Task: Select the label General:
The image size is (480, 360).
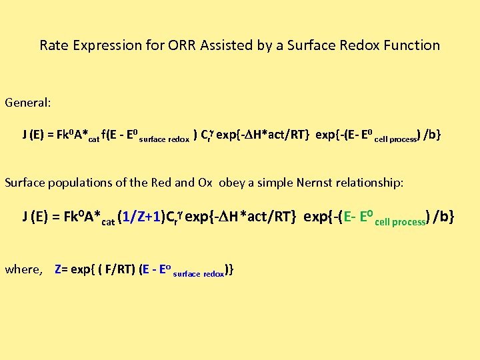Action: (x=28, y=103)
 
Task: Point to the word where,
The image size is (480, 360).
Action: (x=23, y=269)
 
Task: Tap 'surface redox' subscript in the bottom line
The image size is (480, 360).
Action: (x=198, y=273)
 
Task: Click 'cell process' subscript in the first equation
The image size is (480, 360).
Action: (x=396, y=139)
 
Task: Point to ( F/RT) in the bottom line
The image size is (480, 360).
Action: (x=117, y=269)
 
